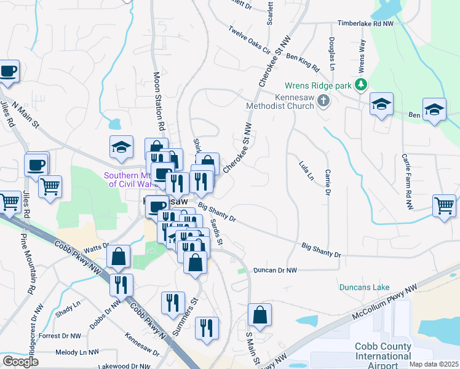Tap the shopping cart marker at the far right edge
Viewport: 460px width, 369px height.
445,205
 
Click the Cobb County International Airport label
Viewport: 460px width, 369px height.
383,355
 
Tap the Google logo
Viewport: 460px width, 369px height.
20,361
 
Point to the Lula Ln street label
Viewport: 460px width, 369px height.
306,170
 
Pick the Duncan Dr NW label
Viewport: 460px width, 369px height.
275,270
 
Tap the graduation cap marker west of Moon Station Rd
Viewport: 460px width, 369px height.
121,146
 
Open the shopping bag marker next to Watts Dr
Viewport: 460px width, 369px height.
118,257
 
